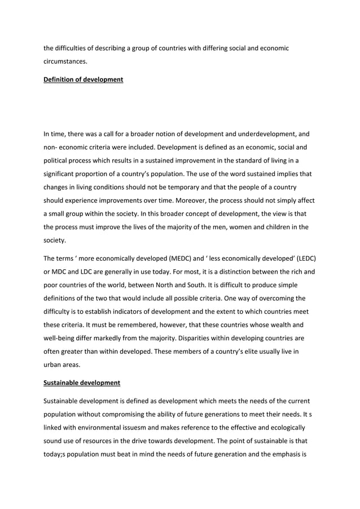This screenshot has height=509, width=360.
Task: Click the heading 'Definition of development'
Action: (x=83, y=80)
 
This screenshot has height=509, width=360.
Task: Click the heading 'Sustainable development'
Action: (x=82, y=383)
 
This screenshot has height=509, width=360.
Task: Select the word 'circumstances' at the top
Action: (x=65, y=62)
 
